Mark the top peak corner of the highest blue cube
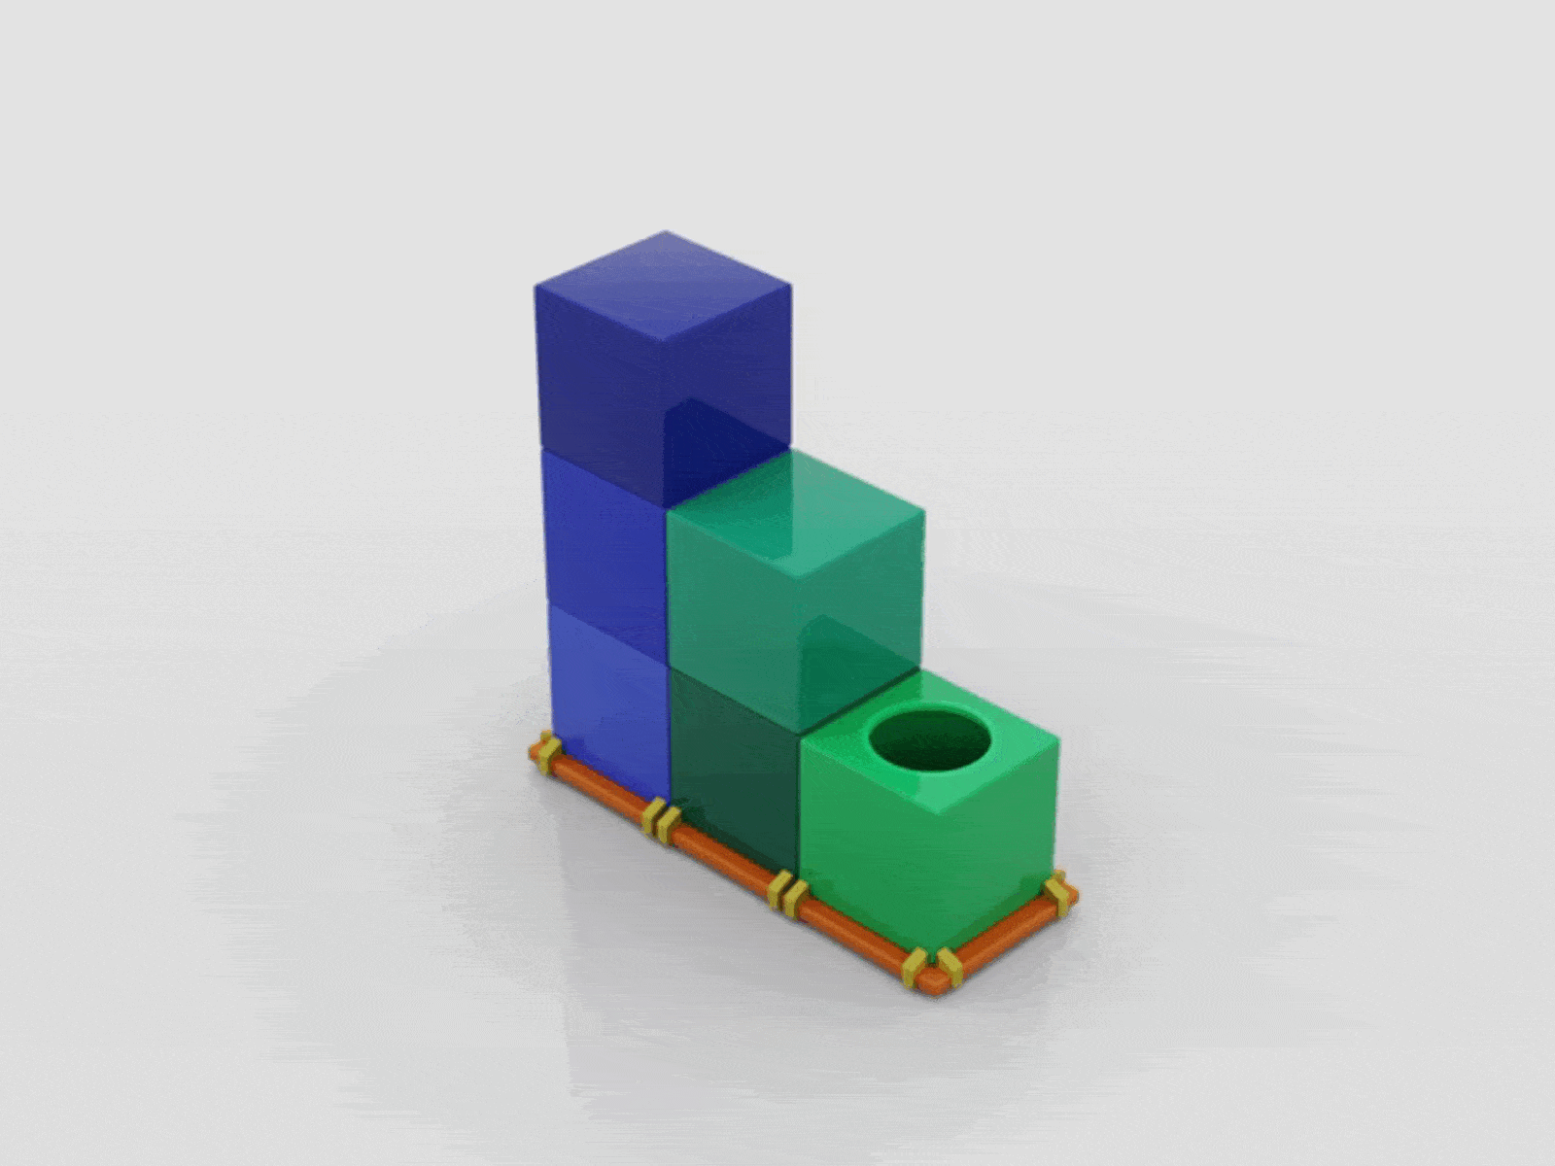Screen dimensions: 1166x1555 click(x=665, y=232)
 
